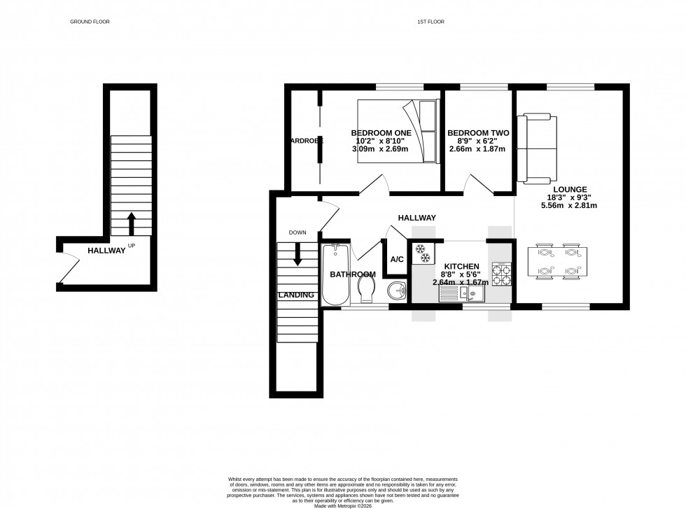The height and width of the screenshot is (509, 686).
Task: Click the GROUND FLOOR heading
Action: tap(90, 22)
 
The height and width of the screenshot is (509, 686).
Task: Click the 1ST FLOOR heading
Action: tap(430, 22)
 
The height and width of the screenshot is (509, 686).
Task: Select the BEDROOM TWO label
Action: tap(477, 132)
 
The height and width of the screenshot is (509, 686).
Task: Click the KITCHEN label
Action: tap(461, 267)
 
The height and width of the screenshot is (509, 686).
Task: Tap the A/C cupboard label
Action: tap(397, 260)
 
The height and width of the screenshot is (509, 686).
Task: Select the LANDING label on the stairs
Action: tap(296, 295)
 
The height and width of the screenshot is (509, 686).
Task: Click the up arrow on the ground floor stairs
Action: tap(131, 224)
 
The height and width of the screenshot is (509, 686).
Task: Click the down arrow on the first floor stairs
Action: tap(297, 253)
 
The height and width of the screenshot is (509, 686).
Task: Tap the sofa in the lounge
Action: tap(538, 148)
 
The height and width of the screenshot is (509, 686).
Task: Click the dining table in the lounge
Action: tap(556, 263)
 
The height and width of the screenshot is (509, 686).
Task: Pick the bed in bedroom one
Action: tap(398, 131)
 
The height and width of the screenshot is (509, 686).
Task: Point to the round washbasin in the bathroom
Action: tap(395, 290)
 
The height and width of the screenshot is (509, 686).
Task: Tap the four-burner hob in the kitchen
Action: tap(500, 274)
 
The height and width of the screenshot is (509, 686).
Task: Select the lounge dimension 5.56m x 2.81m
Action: tap(568, 206)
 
